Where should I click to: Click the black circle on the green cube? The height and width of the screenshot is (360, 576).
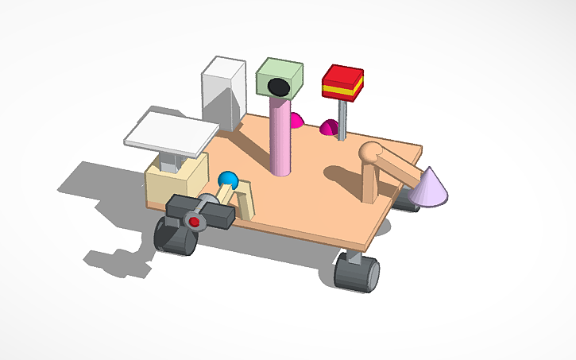tap(277, 86)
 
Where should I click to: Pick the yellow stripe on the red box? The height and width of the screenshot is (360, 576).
tap(343, 90)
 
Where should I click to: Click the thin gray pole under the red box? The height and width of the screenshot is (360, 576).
tap(342, 120)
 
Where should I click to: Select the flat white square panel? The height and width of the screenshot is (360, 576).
tap(171, 133)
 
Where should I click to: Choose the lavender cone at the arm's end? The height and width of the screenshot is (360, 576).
tap(428, 186)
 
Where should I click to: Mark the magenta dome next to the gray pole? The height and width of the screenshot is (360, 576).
tap(329, 128)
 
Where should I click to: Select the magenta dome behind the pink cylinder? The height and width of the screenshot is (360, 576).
tap(296, 121)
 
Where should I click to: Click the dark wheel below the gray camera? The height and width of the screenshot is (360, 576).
tap(174, 238)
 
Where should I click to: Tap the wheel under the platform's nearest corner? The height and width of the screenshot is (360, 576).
tap(356, 272)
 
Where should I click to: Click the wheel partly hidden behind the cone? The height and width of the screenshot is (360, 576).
tap(407, 203)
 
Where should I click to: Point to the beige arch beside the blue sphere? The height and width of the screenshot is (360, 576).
tap(248, 199)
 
